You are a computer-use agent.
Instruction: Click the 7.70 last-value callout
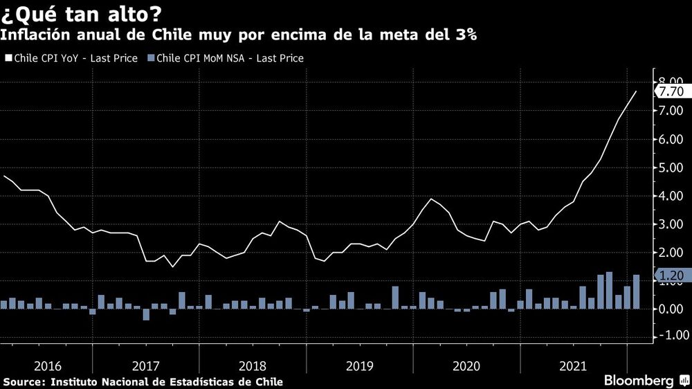tap(671, 91)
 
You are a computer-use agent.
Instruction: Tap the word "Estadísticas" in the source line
tap(210, 382)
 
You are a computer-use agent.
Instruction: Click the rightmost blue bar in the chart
tap(636, 291)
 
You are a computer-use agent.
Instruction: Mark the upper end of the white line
tap(637, 91)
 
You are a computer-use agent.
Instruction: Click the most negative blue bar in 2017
tap(146, 314)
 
